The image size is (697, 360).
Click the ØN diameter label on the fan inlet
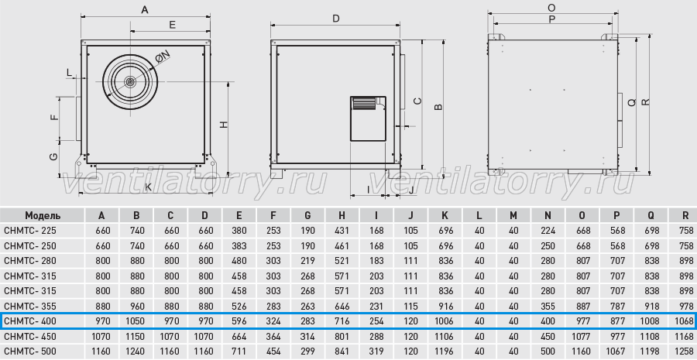pyautogui.click(x=163, y=57)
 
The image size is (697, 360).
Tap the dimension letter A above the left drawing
pyautogui.click(x=145, y=9)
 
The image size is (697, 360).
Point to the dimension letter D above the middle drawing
pyautogui.click(x=336, y=19)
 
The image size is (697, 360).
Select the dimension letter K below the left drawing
pyautogui.click(x=148, y=187)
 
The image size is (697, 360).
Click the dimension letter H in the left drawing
pyautogui.click(x=224, y=125)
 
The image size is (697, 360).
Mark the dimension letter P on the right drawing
pyautogui.click(x=552, y=19)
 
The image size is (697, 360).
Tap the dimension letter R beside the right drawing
pyautogui.click(x=646, y=101)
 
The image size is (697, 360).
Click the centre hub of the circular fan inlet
pyautogui.click(x=130, y=82)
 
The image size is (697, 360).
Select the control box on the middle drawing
pyautogui.click(x=368, y=118)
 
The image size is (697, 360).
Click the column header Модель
pyautogui.click(x=43, y=215)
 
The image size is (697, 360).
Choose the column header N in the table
pyautogui.click(x=548, y=215)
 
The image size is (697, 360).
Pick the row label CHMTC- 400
pyautogui.click(x=30, y=321)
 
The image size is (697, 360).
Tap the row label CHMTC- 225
pyautogui.click(x=30, y=231)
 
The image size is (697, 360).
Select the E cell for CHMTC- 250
pyautogui.click(x=239, y=245)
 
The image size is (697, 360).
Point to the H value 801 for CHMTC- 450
pyautogui.click(x=342, y=336)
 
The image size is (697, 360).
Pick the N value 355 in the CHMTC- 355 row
pyautogui.click(x=548, y=307)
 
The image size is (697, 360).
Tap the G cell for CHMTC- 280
pyautogui.click(x=307, y=261)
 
